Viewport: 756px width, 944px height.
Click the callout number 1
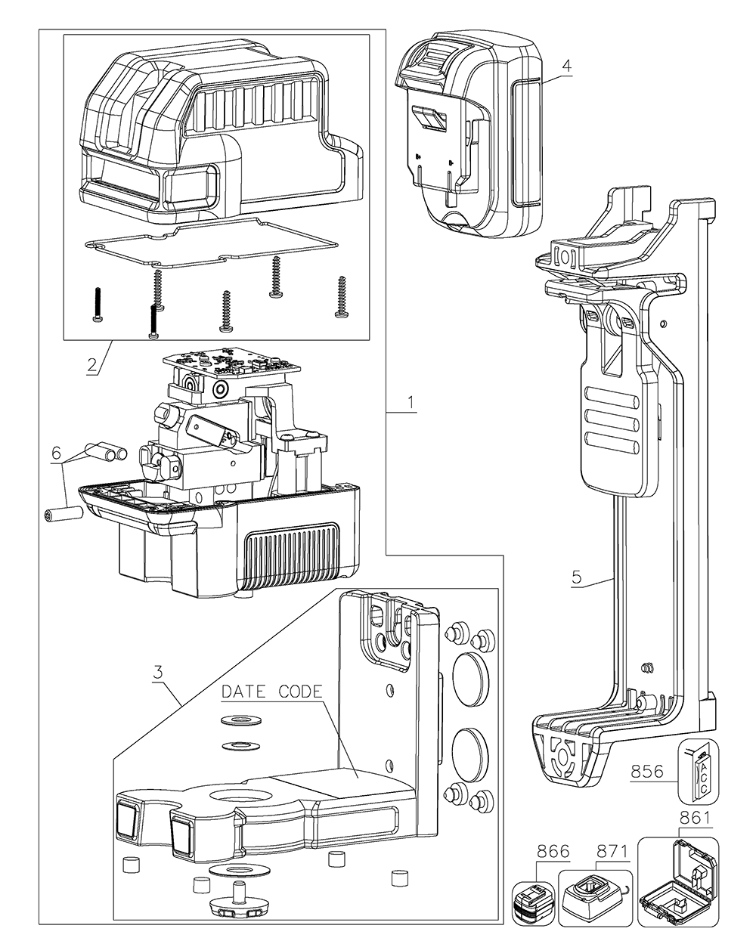coord(411,402)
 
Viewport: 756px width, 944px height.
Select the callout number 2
coord(91,364)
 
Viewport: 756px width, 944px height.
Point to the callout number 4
coord(566,65)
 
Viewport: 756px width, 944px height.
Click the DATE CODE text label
coord(272,691)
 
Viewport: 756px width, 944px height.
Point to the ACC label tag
coord(704,771)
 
